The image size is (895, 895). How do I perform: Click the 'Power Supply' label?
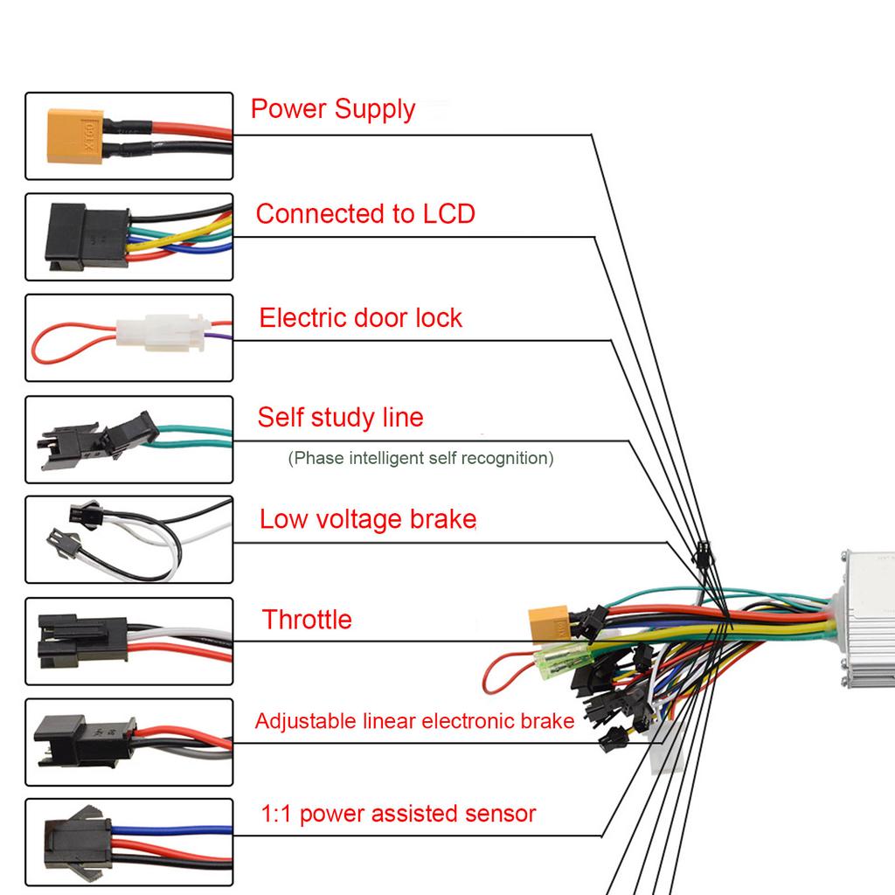[x=333, y=110]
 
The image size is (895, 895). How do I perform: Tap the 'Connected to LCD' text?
[x=365, y=214]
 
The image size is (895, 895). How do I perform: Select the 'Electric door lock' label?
[x=360, y=317]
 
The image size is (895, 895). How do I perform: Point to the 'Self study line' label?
[x=340, y=418]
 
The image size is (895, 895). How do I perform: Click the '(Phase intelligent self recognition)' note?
[x=420, y=458]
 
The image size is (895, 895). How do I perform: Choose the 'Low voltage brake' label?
[x=367, y=520]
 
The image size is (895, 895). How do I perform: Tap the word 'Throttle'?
[x=307, y=621]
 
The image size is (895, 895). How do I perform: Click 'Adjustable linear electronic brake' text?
[x=414, y=721]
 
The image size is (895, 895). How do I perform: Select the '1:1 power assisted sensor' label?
[x=398, y=815]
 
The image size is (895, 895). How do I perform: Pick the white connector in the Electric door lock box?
[x=163, y=334]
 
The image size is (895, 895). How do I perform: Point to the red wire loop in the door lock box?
[x=66, y=345]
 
